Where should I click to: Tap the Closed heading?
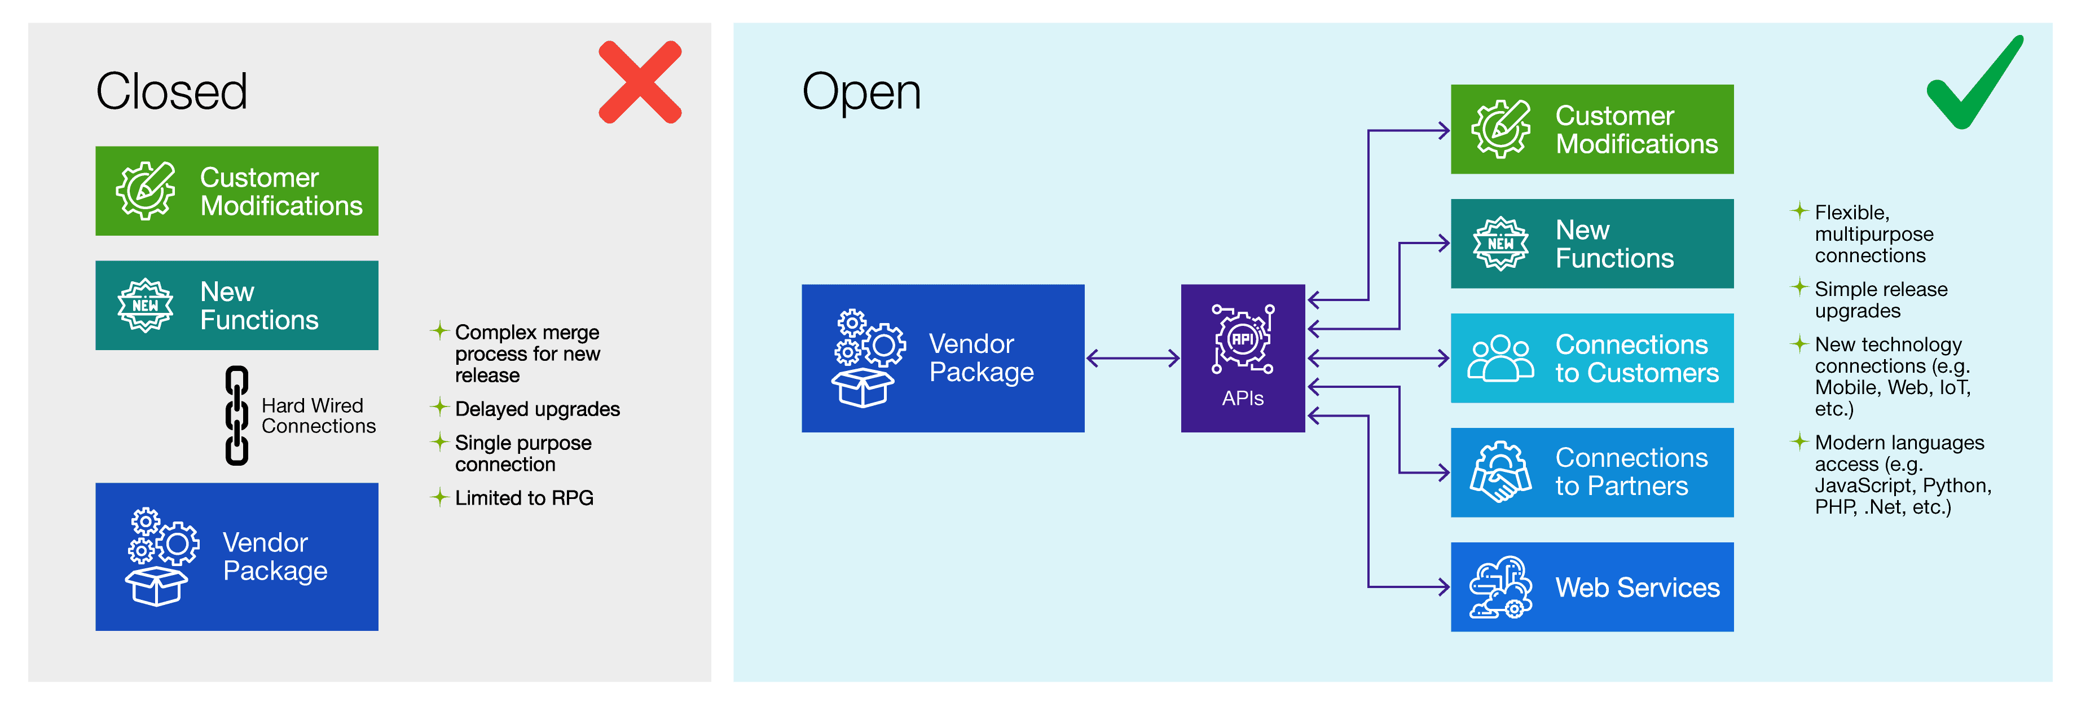pyautogui.click(x=171, y=91)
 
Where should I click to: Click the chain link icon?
pyautogui.click(x=236, y=415)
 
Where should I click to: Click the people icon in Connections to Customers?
pyautogui.click(x=1500, y=358)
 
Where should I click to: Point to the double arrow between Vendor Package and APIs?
pyautogui.click(x=1132, y=358)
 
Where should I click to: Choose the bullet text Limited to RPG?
pyautogui.click(x=523, y=498)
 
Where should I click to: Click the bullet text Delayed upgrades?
pyautogui.click(x=537, y=409)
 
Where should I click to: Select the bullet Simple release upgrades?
pyautogui.click(x=1880, y=300)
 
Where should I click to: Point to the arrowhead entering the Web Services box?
pyautogui.click(x=1444, y=587)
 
